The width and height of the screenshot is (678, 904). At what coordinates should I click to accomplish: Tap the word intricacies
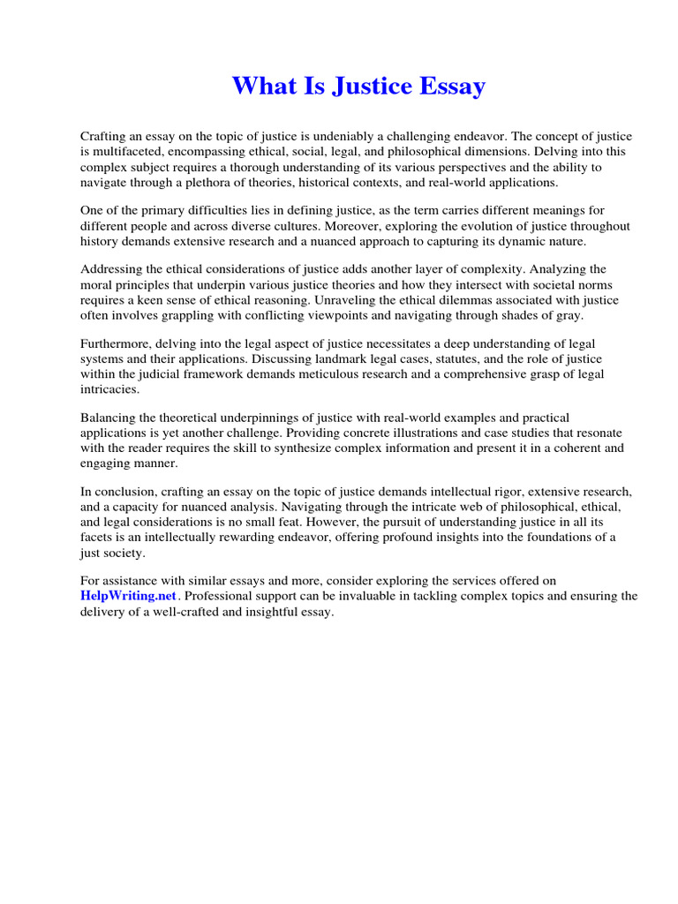pyautogui.click(x=109, y=388)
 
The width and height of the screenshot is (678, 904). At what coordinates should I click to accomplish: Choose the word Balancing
pyautogui.click(x=109, y=418)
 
